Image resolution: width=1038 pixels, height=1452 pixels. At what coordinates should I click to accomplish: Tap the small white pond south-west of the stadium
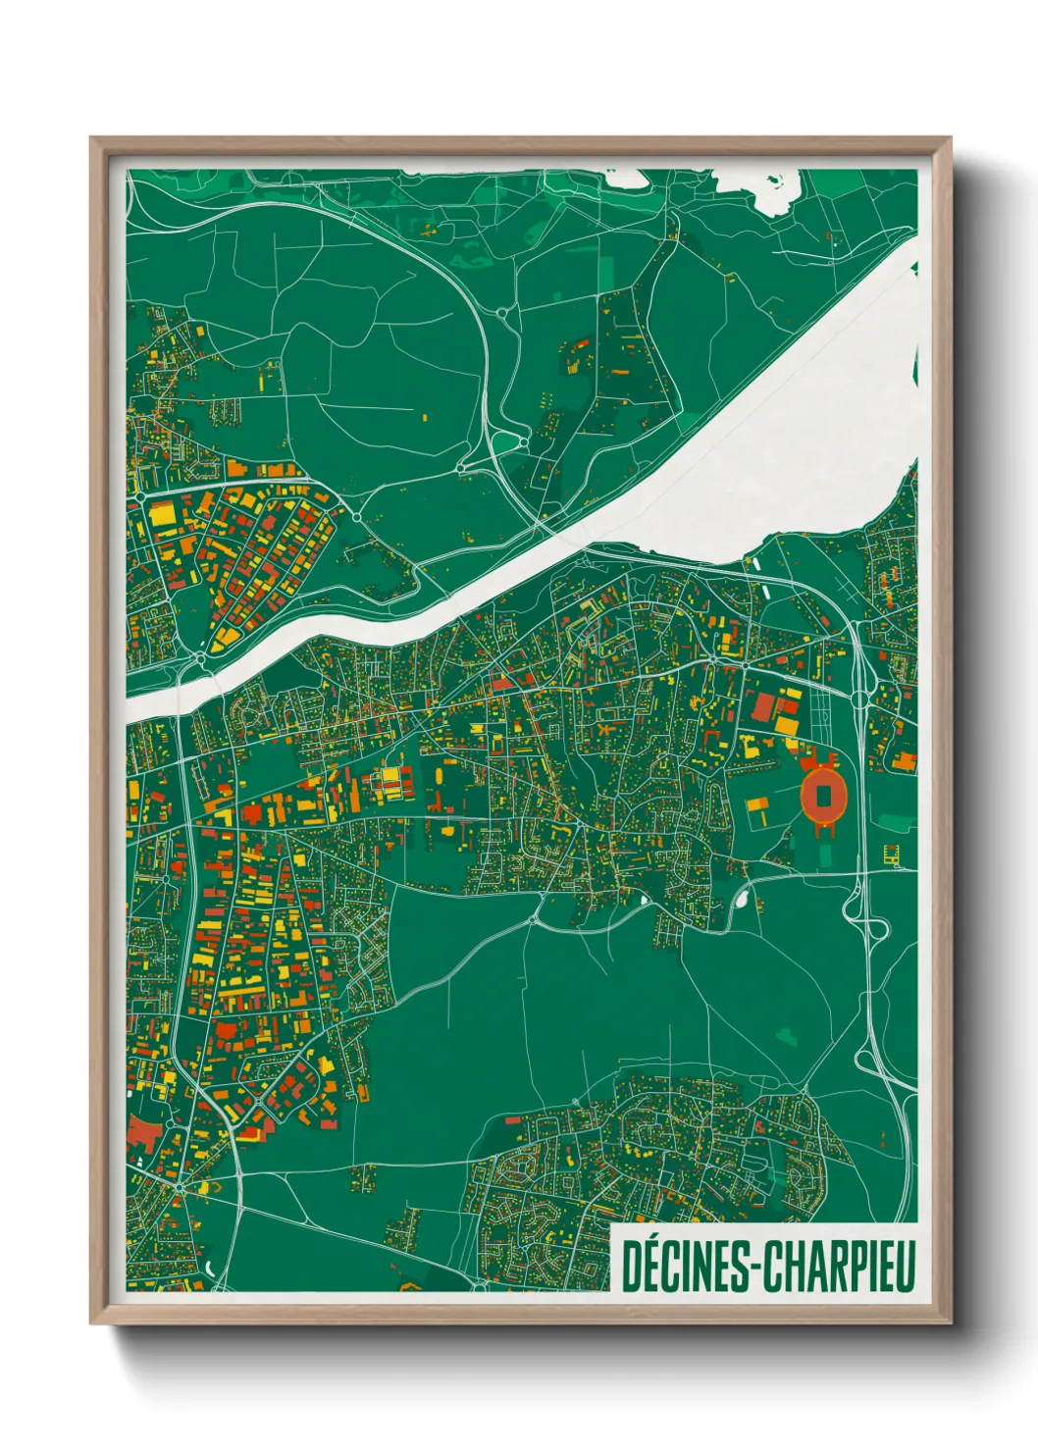click(x=743, y=896)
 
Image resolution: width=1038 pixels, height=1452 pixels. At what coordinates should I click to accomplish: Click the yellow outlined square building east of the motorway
click(x=892, y=854)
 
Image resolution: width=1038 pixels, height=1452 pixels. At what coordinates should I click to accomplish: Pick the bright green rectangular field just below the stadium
click(x=824, y=851)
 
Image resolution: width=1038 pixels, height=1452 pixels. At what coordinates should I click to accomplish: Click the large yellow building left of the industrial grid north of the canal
click(x=159, y=512)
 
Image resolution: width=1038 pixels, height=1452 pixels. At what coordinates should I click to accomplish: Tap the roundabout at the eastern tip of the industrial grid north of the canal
click(x=356, y=517)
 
